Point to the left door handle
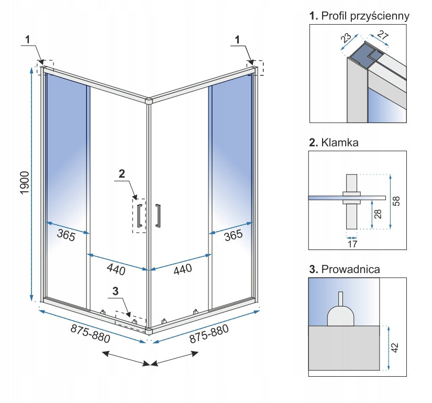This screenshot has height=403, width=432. click(x=139, y=216)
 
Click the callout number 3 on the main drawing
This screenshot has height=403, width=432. click(x=116, y=290)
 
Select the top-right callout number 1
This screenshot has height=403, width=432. click(x=238, y=39)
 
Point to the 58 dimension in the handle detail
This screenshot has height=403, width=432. click(x=396, y=201)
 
